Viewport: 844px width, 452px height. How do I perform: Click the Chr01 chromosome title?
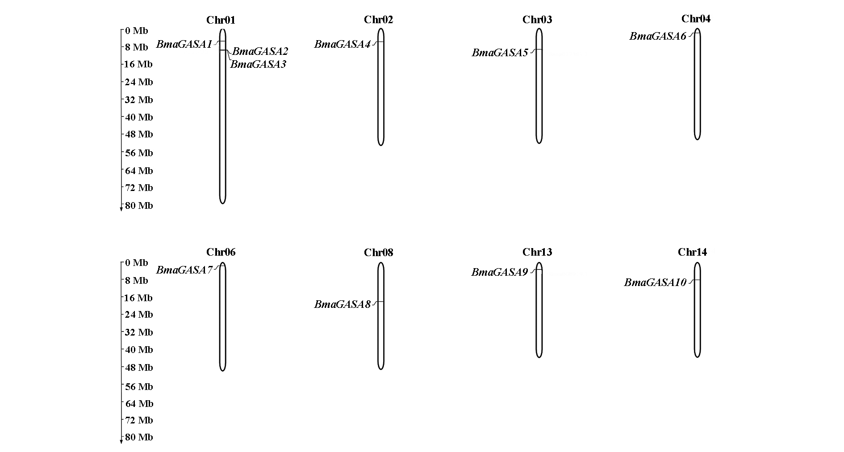[221, 20]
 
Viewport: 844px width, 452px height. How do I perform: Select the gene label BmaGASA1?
[184, 45]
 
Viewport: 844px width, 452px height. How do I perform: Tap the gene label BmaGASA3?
[258, 64]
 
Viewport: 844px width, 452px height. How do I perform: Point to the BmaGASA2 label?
[260, 51]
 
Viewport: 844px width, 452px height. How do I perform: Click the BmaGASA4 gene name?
[342, 45]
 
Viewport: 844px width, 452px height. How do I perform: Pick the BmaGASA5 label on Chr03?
[500, 53]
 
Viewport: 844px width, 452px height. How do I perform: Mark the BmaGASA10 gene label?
[655, 283]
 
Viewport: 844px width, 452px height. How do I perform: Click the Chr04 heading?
[696, 19]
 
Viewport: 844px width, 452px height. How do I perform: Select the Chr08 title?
[378, 253]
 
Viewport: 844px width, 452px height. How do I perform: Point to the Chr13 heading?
[537, 253]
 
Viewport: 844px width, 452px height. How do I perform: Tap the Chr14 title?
[692, 253]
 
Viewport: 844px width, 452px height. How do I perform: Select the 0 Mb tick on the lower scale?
[136, 263]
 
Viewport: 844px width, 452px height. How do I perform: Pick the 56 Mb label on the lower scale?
[138, 387]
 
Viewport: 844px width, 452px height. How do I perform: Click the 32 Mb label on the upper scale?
[138, 100]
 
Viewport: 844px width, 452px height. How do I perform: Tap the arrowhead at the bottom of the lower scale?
[121, 442]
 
